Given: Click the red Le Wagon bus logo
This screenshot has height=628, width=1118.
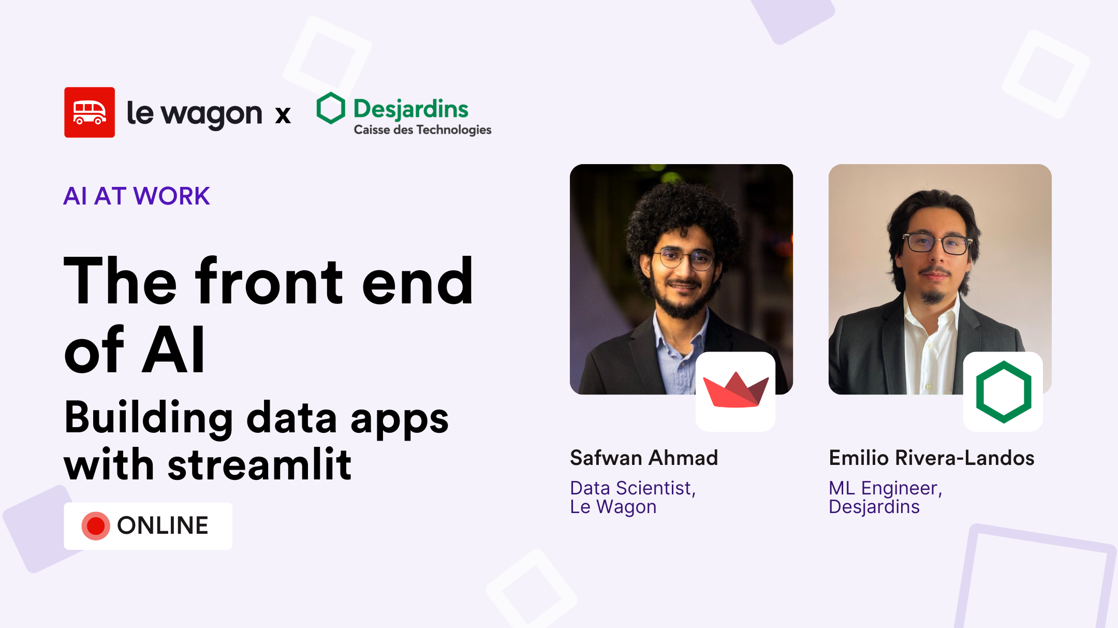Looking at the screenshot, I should click(90, 112).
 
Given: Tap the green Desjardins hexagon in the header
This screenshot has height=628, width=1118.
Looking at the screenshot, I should click(331, 108).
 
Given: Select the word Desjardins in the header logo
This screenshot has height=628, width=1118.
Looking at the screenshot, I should click(411, 109).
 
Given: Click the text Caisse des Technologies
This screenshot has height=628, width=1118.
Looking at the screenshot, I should click(422, 130).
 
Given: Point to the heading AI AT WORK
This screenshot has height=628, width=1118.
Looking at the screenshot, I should click(137, 196).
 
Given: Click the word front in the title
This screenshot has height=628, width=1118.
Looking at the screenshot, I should click(269, 282).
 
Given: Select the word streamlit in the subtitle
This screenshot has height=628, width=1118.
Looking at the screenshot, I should click(260, 464).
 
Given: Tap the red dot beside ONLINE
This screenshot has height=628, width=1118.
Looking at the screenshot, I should click(96, 526).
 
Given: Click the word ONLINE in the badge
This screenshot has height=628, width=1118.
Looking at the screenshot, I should click(163, 525).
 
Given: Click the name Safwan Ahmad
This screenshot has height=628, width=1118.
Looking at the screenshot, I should click(644, 458).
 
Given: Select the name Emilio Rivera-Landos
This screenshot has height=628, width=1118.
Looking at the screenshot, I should click(931, 458).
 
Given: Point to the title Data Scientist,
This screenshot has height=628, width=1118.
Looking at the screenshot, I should click(632, 488).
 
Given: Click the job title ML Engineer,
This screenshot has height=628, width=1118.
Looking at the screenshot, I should click(885, 488).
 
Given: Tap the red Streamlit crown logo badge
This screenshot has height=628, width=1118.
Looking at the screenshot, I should click(735, 391).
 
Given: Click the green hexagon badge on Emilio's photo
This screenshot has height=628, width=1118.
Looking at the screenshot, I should click(1003, 392).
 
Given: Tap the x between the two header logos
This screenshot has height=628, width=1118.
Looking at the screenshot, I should click(283, 115).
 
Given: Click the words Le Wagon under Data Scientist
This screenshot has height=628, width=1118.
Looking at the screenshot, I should click(613, 507).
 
